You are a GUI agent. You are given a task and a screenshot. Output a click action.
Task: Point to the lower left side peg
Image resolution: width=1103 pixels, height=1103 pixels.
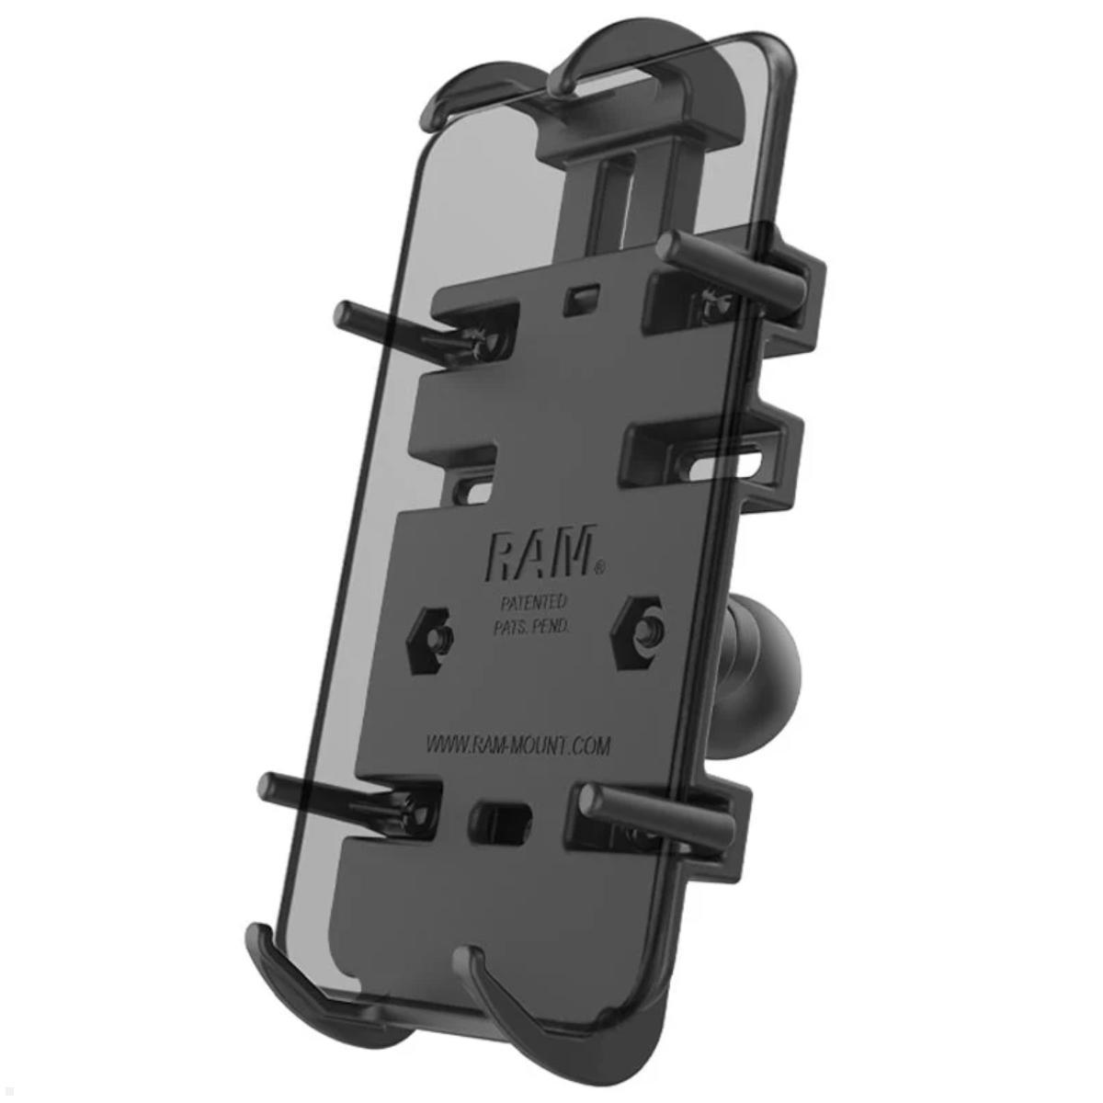point(313,789)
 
